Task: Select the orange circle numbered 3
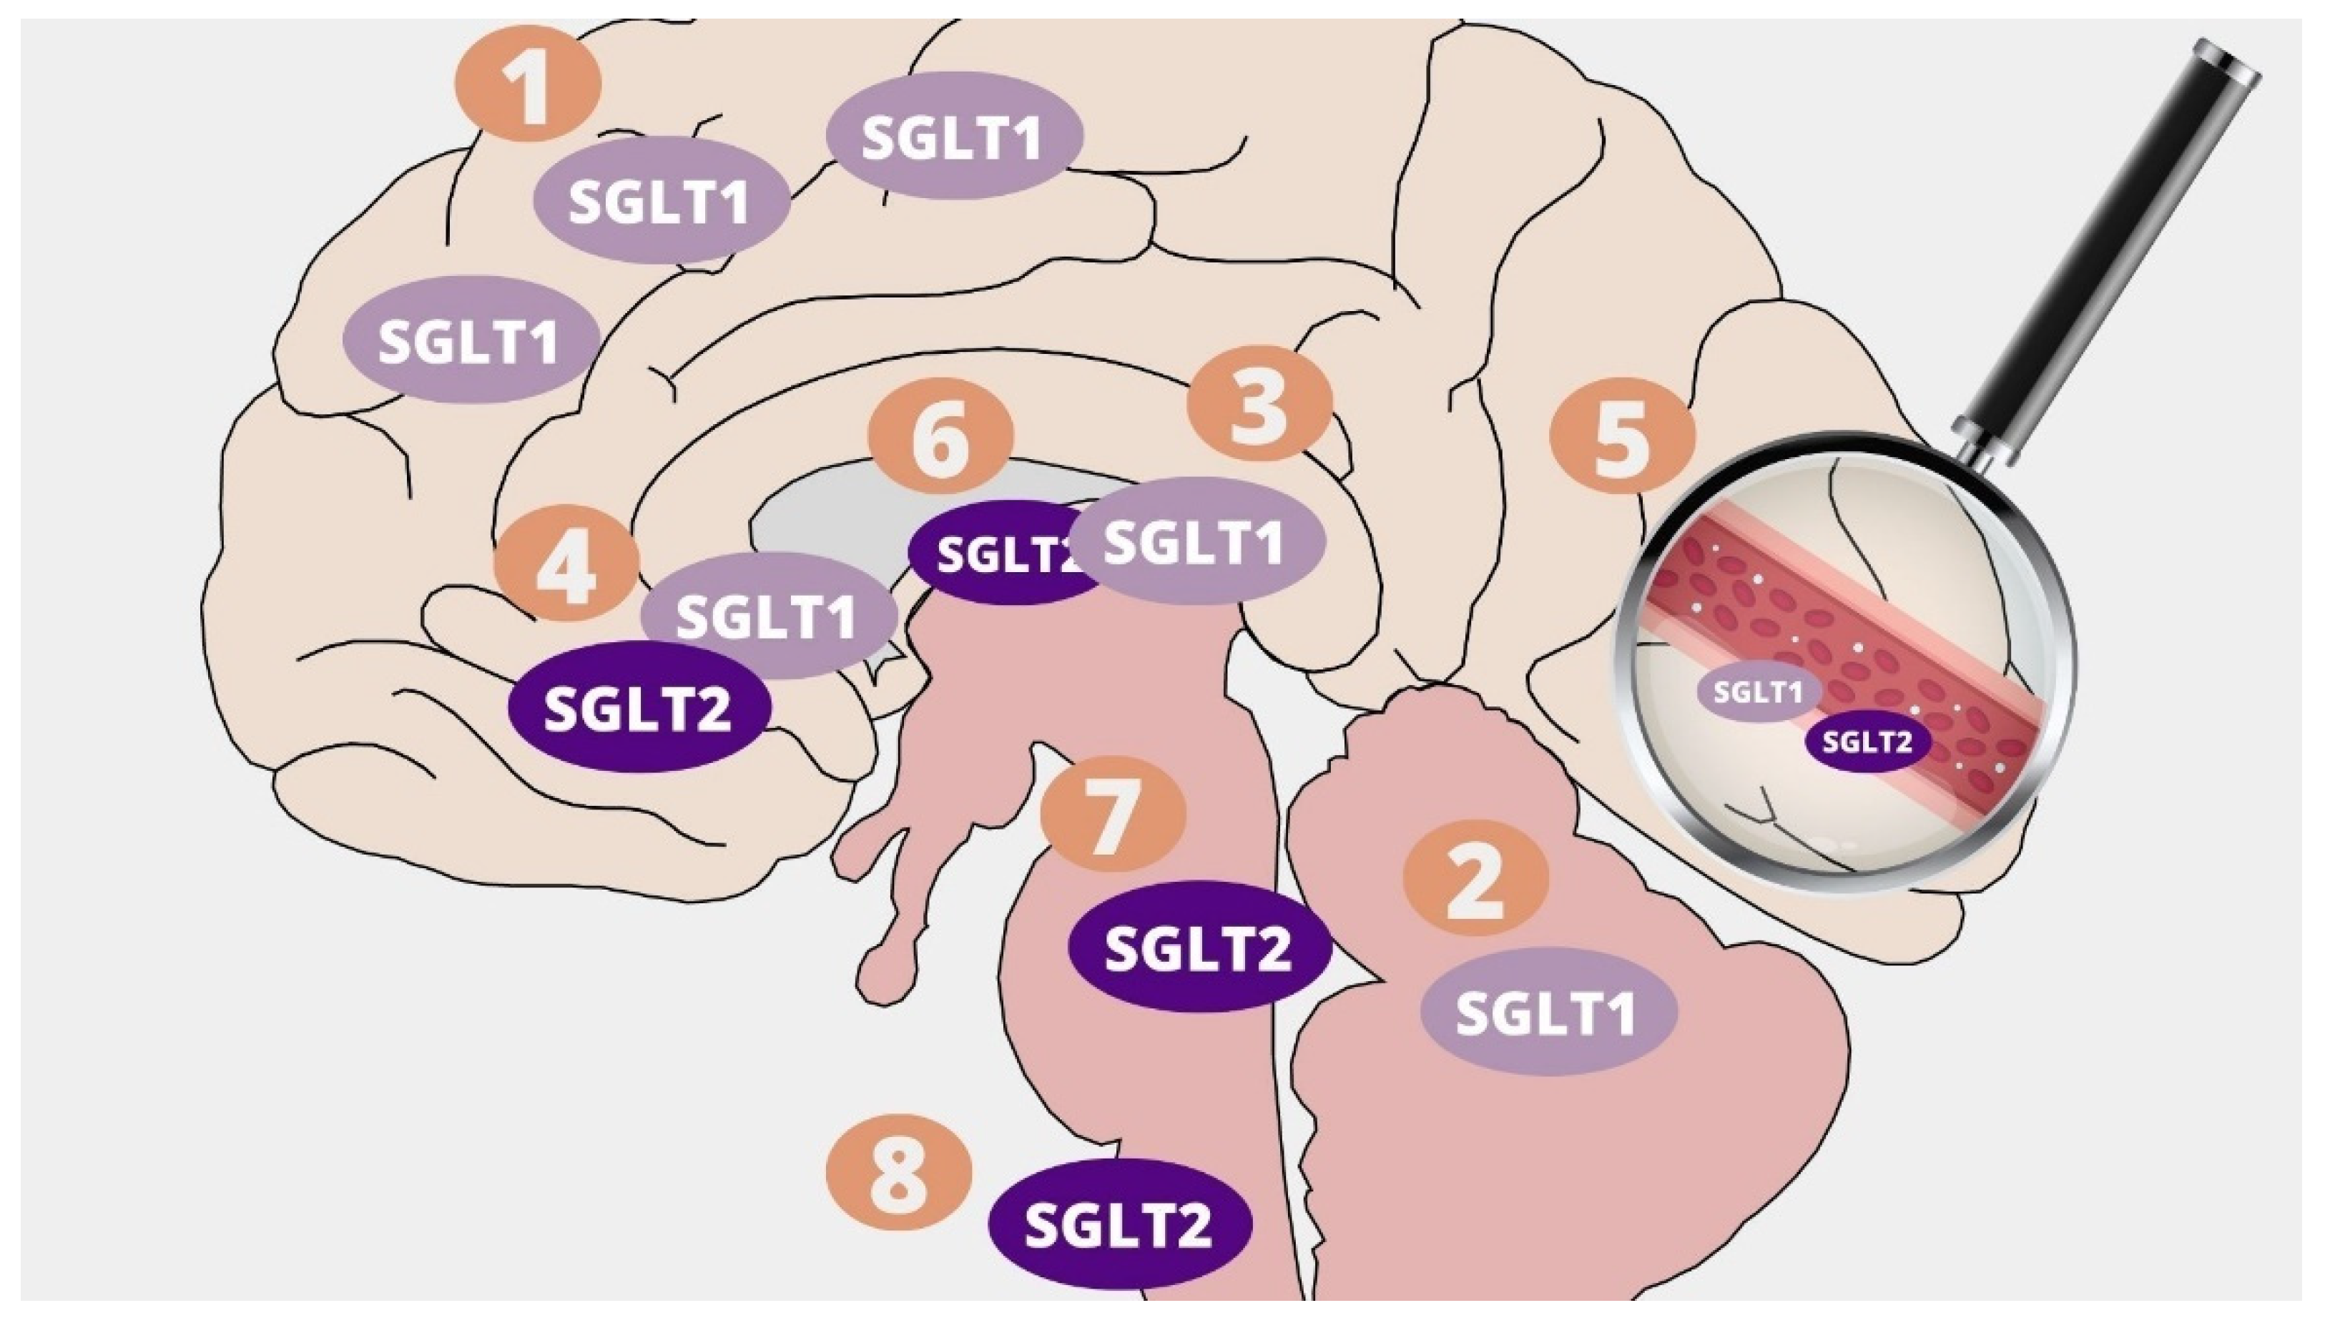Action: pyautogui.click(x=1259, y=403)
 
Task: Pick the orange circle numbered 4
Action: pyautogui.click(x=566, y=564)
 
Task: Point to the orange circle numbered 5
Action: pyautogui.click(x=1622, y=436)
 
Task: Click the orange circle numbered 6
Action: pyautogui.click(x=940, y=436)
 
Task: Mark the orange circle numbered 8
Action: pyautogui.click(x=898, y=1176)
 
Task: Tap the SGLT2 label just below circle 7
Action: pyautogui.click(x=1199, y=947)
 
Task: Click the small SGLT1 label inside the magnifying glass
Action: pyautogui.click(x=1758, y=692)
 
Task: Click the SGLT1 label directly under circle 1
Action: pyautogui.click(x=660, y=201)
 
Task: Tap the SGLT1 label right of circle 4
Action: pyautogui.click(x=768, y=616)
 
